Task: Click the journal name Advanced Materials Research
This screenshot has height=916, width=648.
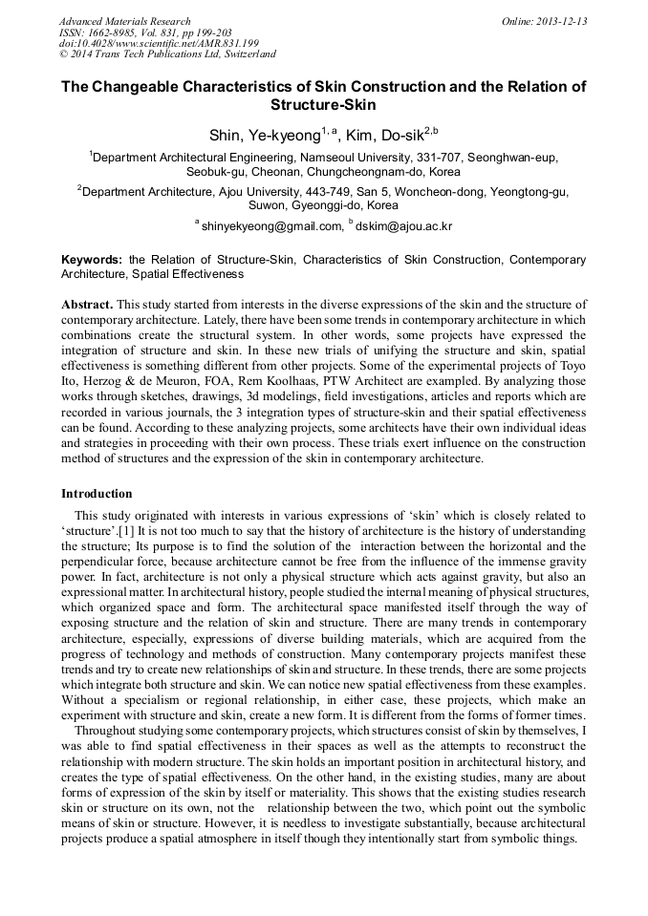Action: pyautogui.click(x=124, y=21)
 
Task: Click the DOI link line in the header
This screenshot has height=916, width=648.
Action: pyautogui.click(x=159, y=44)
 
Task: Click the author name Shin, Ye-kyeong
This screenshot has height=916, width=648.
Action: pyautogui.click(x=265, y=135)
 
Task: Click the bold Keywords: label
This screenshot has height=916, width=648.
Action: pyautogui.click(x=92, y=259)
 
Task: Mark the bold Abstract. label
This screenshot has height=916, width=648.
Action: pyautogui.click(x=87, y=305)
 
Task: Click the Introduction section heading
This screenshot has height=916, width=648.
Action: pyautogui.click(x=97, y=494)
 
